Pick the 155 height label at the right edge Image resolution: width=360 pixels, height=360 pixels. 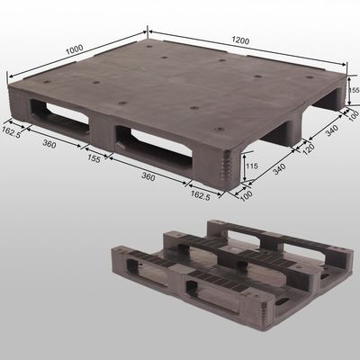354,91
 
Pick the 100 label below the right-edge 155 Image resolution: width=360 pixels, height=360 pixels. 354,115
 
